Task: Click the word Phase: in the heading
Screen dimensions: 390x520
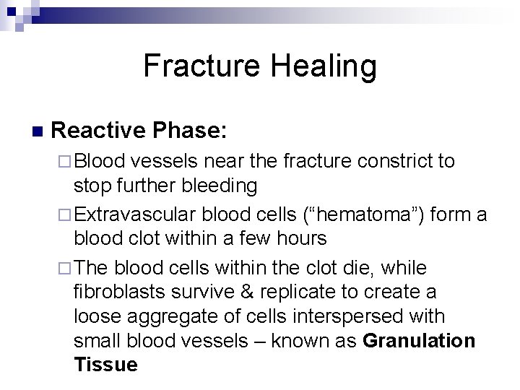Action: click(188, 130)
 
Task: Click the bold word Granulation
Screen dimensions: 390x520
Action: click(420, 341)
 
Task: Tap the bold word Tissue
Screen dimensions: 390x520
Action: click(105, 365)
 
